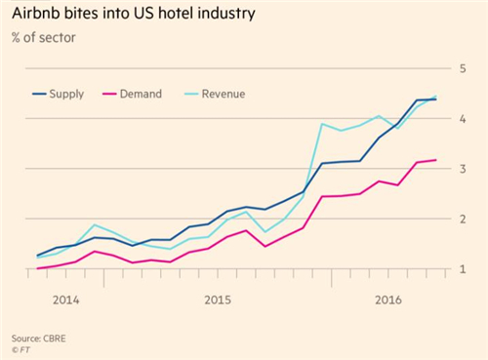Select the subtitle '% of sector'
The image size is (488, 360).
point(44,38)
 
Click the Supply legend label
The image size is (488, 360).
point(66,95)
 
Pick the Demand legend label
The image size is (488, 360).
point(141,94)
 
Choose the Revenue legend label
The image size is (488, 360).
point(224,94)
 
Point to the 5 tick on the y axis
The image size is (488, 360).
point(463,68)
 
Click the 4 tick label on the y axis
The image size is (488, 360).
point(463,119)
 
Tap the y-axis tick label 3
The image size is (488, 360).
point(463,169)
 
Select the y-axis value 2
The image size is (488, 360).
point(463,220)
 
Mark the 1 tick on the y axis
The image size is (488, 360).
point(463,269)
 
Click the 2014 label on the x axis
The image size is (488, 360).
point(66,300)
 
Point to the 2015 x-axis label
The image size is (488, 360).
point(218,300)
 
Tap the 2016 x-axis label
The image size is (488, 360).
point(388,300)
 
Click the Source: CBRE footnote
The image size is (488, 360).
point(39,339)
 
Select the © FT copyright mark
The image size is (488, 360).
point(20,350)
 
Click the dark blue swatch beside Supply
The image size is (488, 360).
point(39,95)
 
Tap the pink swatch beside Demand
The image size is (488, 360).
point(109,95)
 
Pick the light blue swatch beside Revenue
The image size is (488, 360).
point(191,95)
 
